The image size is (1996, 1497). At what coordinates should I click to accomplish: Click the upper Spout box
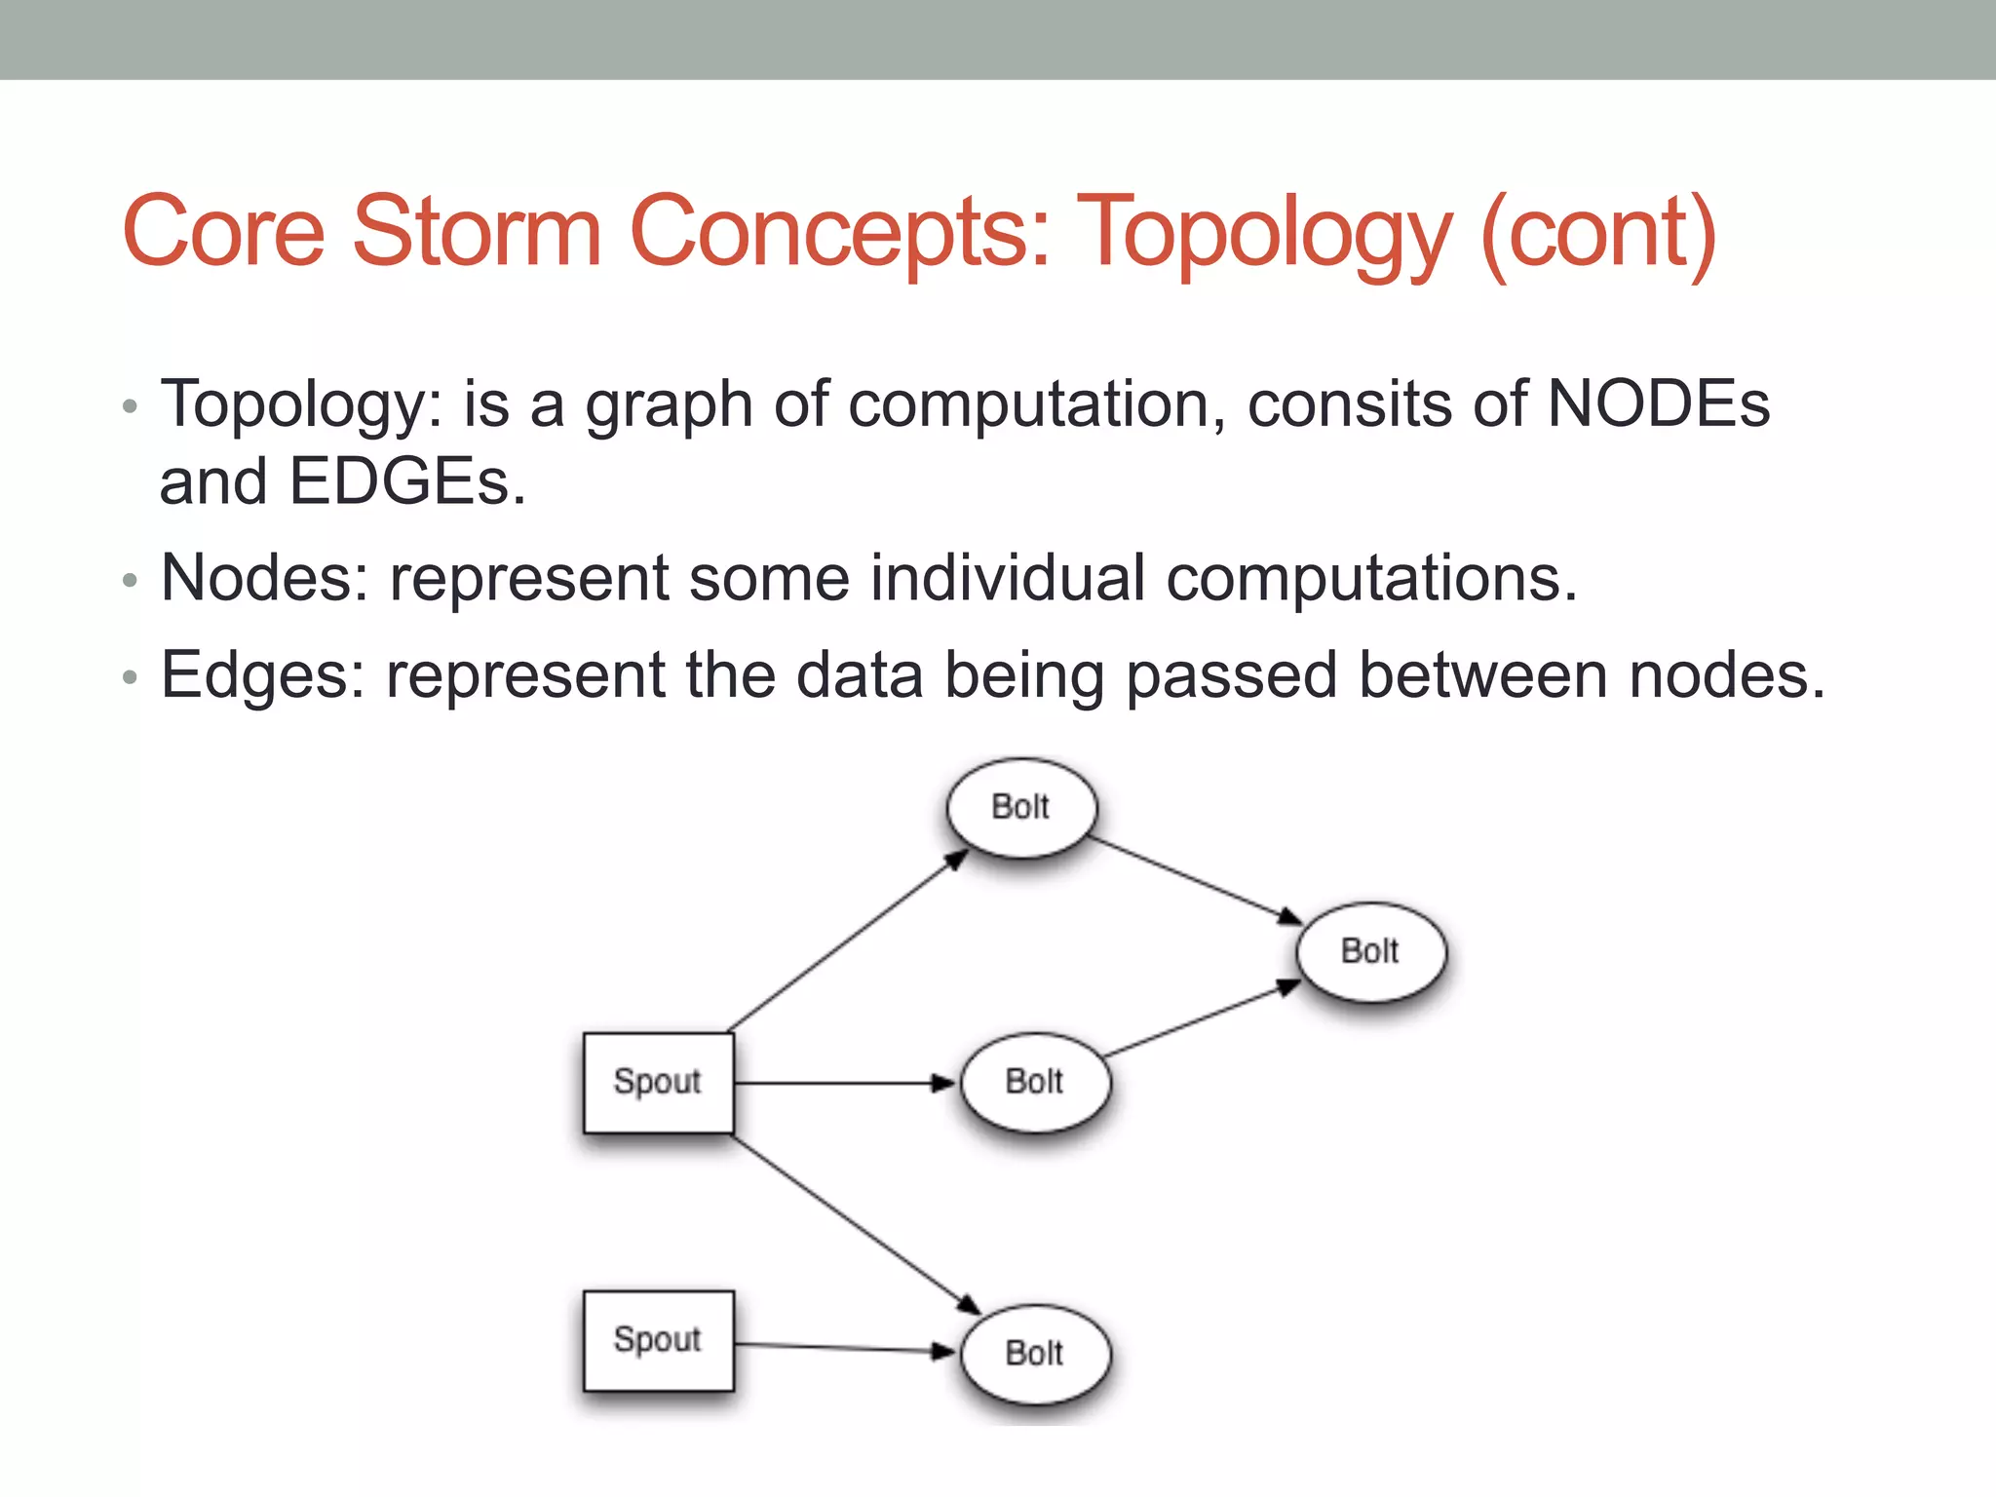click(658, 1082)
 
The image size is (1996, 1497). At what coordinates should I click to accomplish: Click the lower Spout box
click(658, 1340)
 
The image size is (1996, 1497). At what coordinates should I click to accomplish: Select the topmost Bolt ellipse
click(1020, 807)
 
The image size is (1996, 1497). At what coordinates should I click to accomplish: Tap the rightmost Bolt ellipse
click(1370, 951)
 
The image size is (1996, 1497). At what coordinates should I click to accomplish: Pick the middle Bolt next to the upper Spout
click(1034, 1082)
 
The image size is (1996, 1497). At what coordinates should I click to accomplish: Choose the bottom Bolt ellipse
click(1034, 1354)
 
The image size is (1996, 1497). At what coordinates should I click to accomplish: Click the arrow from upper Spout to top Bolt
click(848, 940)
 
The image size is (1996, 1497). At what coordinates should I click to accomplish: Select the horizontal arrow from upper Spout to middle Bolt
click(843, 1083)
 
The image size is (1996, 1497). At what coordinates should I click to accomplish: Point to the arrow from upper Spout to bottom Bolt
click(856, 1224)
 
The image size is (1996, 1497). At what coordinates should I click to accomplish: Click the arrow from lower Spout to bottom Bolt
click(843, 1348)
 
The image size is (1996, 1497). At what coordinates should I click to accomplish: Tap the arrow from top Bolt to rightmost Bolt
click(1194, 879)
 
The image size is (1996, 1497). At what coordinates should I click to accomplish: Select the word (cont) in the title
click(1598, 234)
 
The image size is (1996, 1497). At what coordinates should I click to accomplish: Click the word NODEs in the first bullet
click(1658, 403)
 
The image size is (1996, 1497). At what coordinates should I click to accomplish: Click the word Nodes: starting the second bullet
click(264, 578)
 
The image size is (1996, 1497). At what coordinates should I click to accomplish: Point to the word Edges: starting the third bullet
click(262, 674)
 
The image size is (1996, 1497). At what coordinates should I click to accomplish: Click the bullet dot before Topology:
click(130, 407)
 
